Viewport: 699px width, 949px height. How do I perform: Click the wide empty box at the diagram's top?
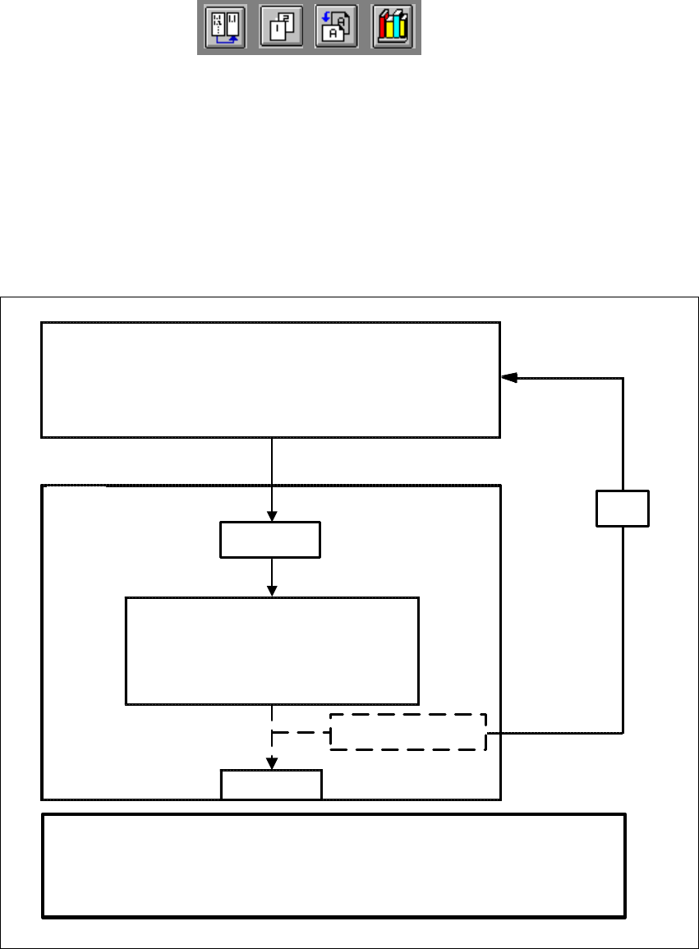click(270, 379)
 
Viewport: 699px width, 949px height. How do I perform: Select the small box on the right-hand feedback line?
click(623, 509)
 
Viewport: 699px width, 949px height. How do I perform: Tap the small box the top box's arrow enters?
click(270, 540)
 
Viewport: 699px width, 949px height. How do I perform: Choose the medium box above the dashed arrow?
click(271, 651)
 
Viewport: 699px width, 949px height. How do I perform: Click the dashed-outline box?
click(408, 731)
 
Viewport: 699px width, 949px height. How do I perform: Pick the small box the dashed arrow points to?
click(271, 784)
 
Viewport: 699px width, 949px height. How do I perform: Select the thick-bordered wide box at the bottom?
click(334, 864)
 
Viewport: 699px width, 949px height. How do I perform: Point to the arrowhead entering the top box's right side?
click(509, 378)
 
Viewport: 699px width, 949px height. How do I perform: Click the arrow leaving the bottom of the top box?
click(271, 477)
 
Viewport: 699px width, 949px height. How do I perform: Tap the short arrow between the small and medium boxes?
click(271, 578)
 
